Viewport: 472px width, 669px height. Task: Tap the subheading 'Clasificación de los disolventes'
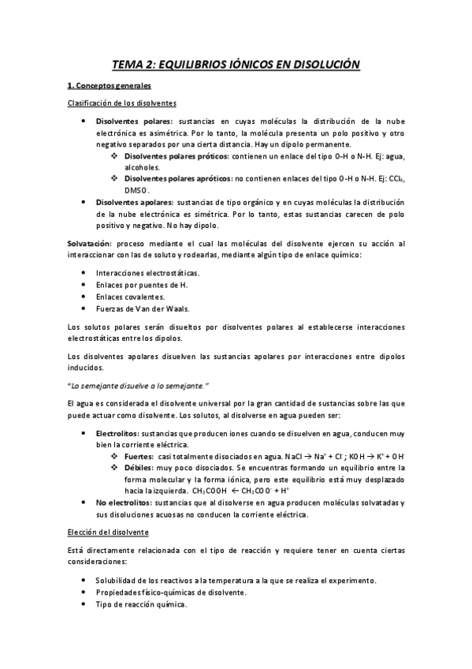(121, 103)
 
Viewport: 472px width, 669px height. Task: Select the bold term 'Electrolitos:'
(117, 434)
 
